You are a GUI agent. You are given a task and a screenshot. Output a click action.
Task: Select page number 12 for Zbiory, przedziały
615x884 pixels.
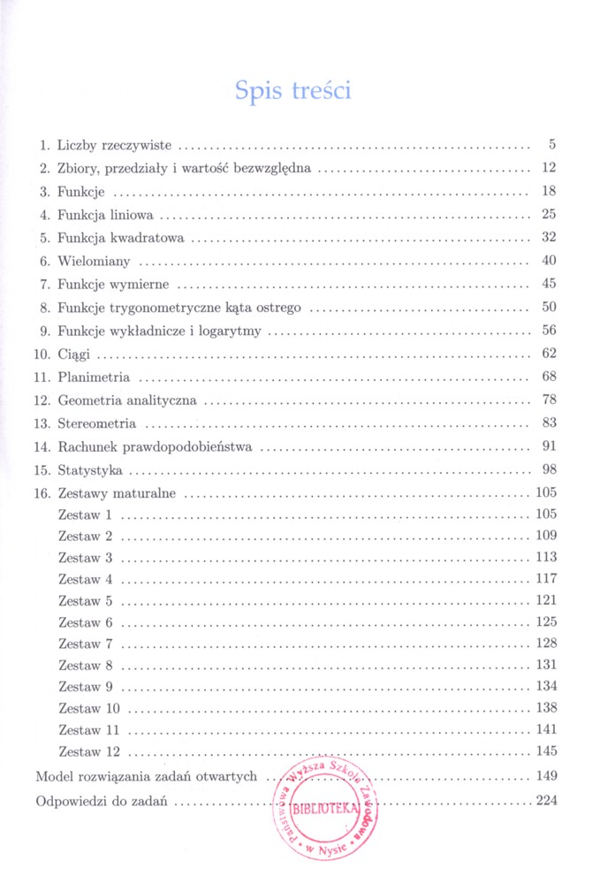coord(548,168)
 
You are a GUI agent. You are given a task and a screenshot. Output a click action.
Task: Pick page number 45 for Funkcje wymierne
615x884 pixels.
coord(548,285)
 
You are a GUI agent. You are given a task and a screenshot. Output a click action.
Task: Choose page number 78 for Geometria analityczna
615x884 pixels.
coord(548,401)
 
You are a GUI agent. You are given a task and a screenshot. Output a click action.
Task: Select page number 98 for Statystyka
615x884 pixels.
coord(548,470)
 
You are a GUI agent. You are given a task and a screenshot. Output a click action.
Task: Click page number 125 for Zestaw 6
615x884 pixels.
coord(545,622)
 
